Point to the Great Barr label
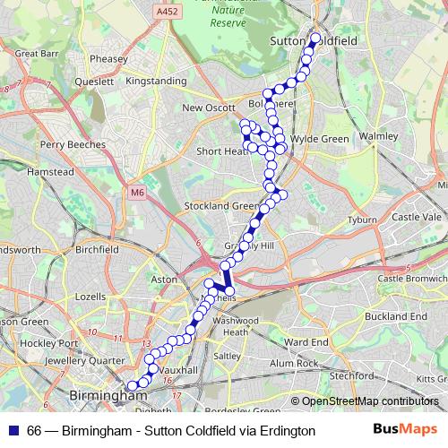click(37, 54)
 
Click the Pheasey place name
click(108, 59)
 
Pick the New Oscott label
click(207, 108)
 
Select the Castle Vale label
click(418, 217)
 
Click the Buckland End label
click(402, 316)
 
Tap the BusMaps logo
click(404, 430)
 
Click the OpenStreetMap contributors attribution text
click(369, 401)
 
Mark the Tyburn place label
click(362, 220)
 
